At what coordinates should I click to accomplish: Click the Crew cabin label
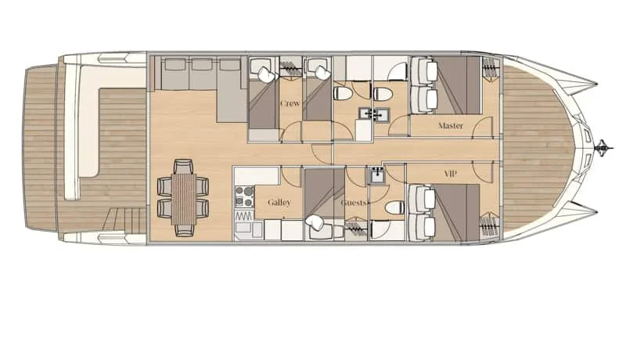click(x=290, y=103)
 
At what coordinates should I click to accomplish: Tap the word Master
click(x=451, y=126)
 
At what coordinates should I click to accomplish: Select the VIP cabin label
click(x=451, y=174)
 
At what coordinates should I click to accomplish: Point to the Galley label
click(x=279, y=203)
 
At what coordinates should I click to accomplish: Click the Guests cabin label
click(x=354, y=203)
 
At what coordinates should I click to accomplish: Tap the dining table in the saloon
click(x=184, y=199)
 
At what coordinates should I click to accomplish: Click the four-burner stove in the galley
click(x=244, y=196)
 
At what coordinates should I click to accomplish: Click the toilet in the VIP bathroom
click(x=395, y=208)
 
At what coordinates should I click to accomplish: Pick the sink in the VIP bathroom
click(x=378, y=175)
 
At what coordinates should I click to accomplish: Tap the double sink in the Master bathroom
click(x=373, y=114)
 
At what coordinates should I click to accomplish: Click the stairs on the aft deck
click(x=124, y=221)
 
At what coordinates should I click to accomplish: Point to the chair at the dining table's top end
click(x=184, y=166)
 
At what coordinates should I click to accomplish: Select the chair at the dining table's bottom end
click(x=184, y=230)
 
